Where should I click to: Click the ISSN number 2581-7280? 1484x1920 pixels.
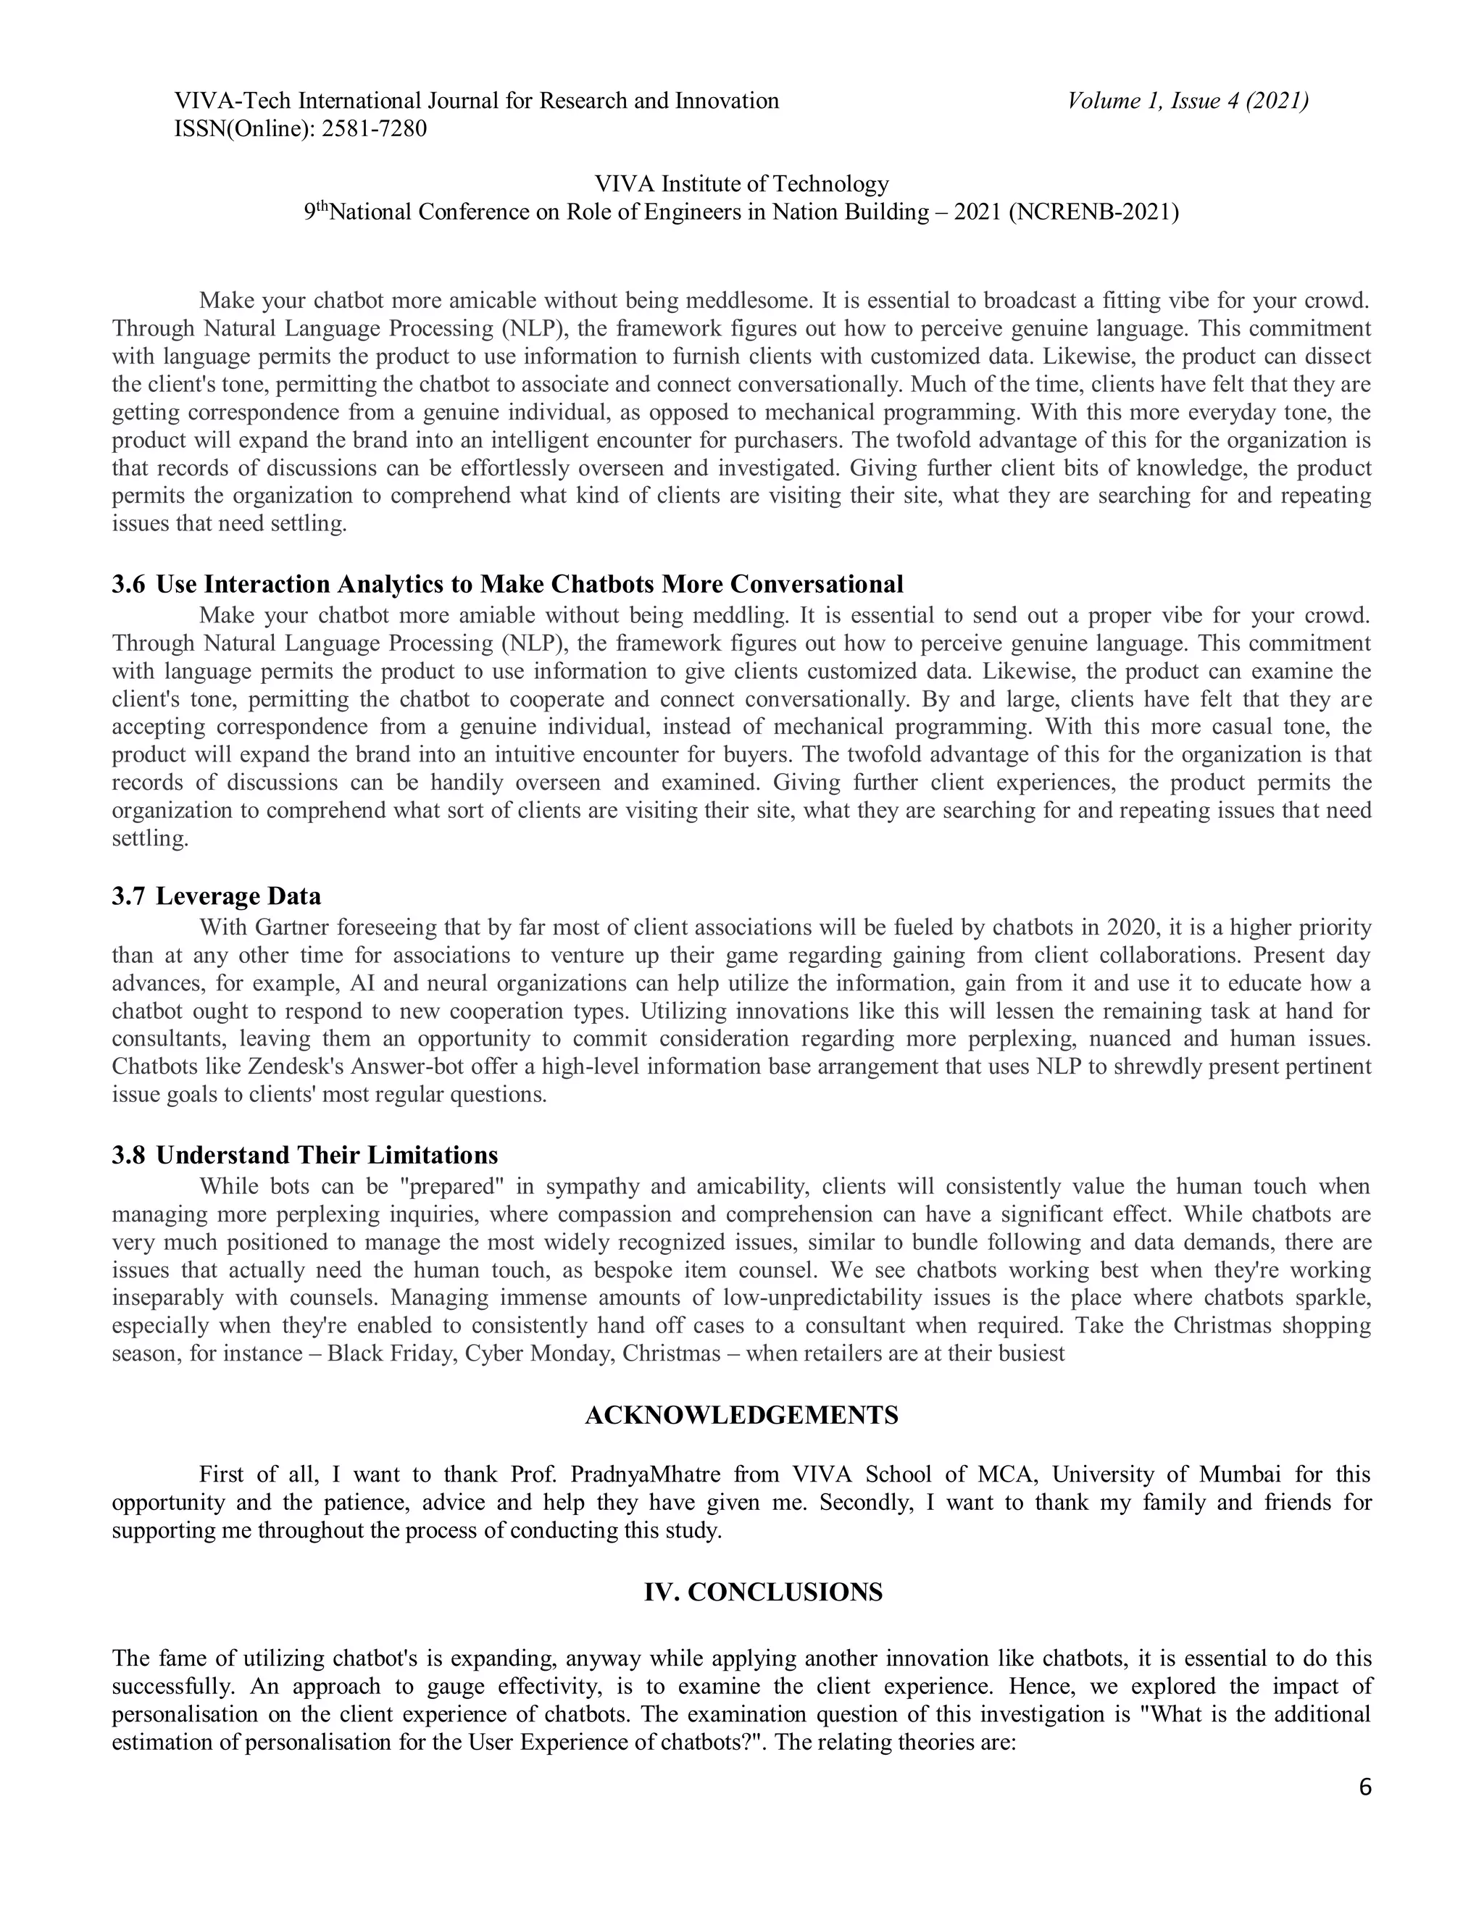374,129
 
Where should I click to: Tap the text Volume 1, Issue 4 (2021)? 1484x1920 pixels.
1188,101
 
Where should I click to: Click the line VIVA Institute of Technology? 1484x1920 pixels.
741,184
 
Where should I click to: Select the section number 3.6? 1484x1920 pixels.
128,585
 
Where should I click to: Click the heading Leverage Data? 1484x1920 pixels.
238,897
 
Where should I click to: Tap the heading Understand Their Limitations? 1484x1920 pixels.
327,1155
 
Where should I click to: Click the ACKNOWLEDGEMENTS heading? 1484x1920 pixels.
741,1416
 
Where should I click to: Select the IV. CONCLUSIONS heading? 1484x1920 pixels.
762,1593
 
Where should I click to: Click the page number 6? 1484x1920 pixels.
1364,1788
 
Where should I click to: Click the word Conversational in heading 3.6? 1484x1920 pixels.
816,585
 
